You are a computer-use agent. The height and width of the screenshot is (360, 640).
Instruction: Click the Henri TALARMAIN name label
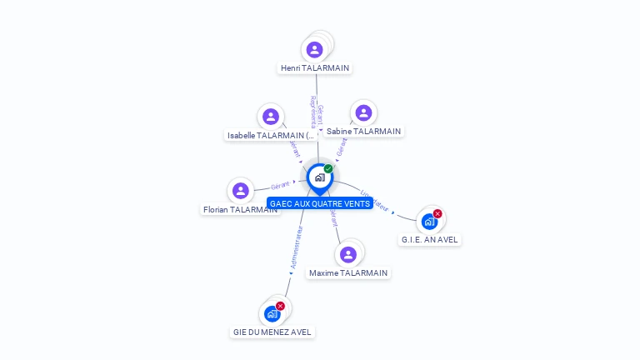click(315, 68)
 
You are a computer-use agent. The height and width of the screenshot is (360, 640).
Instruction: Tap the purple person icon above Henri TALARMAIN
click(314, 49)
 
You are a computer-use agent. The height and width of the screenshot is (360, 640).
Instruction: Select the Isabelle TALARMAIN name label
click(272, 135)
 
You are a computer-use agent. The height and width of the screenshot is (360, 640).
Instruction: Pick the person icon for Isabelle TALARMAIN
click(269, 117)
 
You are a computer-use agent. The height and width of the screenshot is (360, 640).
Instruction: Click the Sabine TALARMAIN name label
click(363, 131)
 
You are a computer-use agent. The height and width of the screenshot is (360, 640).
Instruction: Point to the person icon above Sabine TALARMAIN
click(362, 113)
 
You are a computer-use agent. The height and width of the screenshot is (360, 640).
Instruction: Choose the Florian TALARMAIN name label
click(240, 210)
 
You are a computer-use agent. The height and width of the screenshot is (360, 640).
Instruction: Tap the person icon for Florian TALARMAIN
click(241, 191)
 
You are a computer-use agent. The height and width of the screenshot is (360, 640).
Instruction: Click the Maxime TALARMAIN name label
click(348, 272)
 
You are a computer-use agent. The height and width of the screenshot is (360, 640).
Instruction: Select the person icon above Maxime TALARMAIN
click(348, 254)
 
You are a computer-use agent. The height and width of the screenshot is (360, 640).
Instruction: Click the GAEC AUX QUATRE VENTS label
click(320, 203)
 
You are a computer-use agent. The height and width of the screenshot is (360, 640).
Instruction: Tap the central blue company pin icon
click(319, 177)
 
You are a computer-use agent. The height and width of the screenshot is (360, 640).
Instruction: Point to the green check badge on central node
click(328, 169)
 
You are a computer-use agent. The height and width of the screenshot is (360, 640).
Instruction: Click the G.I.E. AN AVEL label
click(429, 239)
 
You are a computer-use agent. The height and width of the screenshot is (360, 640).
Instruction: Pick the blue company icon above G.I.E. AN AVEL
click(428, 222)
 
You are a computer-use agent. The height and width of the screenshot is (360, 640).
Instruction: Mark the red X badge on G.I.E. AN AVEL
click(437, 214)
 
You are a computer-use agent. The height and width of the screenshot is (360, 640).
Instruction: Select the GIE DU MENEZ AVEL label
click(272, 332)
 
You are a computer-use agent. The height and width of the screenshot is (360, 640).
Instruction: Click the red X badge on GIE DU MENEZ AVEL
click(280, 306)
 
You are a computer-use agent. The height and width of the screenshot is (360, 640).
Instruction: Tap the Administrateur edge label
click(295, 247)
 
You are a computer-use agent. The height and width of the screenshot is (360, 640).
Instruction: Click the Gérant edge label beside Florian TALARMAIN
click(280, 185)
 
